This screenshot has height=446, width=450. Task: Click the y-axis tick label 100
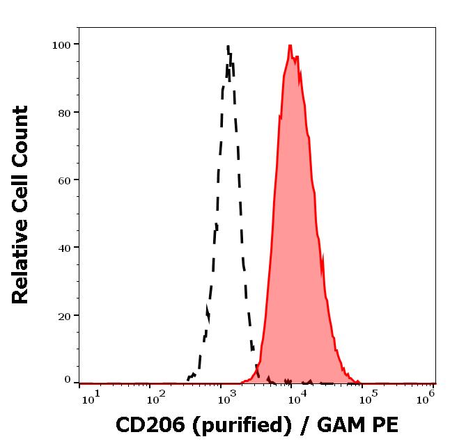click(x=61, y=45)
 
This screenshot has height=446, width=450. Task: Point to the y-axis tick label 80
click(x=64, y=112)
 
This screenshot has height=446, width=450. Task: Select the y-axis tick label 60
click(x=64, y=180)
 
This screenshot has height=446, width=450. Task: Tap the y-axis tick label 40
click(x=64, y=248)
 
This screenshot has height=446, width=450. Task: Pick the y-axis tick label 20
click(x=64, y=315)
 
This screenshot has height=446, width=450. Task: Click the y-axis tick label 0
click(x=68, y=380)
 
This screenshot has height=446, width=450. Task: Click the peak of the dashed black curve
click(x=228, y=47)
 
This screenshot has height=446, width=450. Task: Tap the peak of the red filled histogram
click(x=290, y=46)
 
